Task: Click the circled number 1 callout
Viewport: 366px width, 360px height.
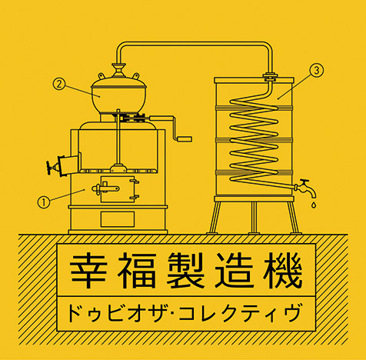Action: [x=44, y=202]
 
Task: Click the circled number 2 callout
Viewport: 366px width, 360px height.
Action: [x=59, y=84]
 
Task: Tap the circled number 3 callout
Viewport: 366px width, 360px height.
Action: [x=317, y=70]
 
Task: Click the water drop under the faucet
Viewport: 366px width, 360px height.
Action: [x=314, y=205]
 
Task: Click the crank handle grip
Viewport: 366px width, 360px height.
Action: [x=185, y=138]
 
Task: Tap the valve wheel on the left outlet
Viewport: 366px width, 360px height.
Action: [x=49, y=168]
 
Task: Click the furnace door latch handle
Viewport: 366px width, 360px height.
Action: [x=105, y=188]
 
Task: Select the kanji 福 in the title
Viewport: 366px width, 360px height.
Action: [x=137, y=270]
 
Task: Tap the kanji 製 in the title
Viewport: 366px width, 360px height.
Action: [x=185, y=270]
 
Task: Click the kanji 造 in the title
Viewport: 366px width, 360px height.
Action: [x=234, y=270]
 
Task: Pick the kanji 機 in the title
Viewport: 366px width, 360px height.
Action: [x=283, y=270]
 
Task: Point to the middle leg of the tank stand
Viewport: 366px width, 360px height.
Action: [x=254, y=218]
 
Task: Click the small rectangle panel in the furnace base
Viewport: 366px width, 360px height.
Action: [x=118, y=219]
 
